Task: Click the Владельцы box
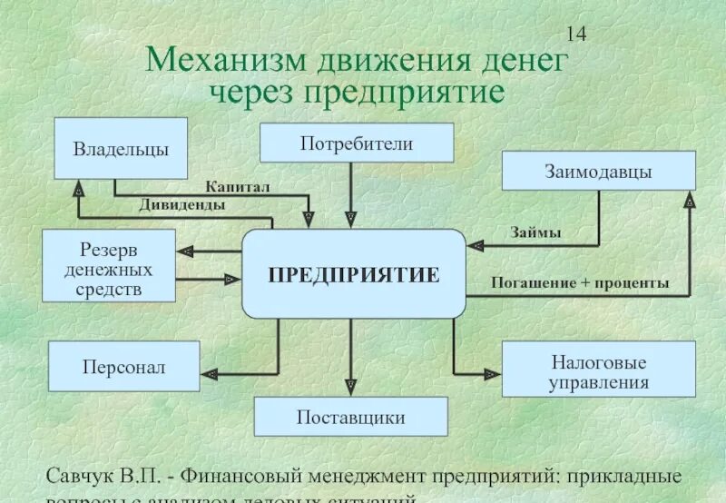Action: pos(121,148)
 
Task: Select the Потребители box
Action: pos(357,143)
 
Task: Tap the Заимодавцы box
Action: pos(598,171)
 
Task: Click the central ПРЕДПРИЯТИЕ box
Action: pos(353,273)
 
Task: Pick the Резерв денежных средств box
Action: pos(109,265)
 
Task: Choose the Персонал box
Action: pos(123,368)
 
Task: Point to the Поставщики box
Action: pos(350,417)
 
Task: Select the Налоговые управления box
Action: pos(598,369)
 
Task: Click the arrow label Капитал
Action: pos(238,186)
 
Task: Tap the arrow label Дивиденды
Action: pos(182,205)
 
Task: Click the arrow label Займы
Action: pos(535,232)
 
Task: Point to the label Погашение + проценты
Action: pos(580,283)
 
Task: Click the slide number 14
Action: pos(576,35)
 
